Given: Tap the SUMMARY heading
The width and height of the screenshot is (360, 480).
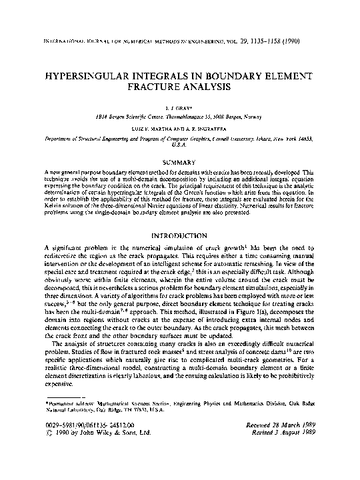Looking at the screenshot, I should (179, 163).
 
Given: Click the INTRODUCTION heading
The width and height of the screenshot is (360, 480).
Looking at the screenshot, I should (179, 235).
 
